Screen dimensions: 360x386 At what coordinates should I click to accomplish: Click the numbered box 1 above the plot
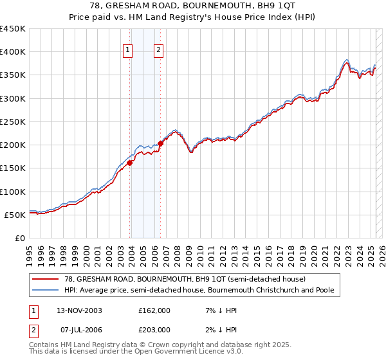point(127,51)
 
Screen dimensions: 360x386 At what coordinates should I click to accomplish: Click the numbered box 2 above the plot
point(158,51)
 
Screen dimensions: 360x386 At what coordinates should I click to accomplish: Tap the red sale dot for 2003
point(130,163)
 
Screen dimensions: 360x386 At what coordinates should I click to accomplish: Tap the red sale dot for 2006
point(160,144)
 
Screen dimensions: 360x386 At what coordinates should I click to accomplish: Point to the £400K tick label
point(13,52)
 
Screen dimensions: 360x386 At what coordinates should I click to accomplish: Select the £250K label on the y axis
point(13,122)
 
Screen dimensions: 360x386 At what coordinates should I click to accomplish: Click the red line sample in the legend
point(45,279)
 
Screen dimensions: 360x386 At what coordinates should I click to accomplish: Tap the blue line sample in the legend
point(45,290)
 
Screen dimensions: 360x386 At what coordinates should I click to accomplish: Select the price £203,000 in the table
point(154,329)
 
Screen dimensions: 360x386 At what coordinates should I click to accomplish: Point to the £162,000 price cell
point(154,310)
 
